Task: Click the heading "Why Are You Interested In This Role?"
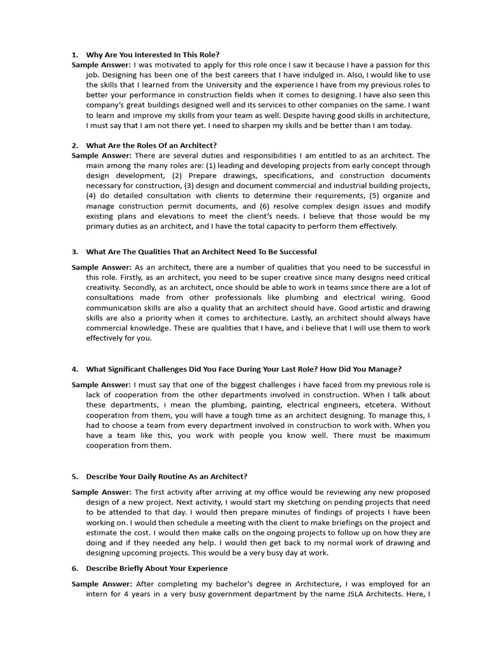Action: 152,55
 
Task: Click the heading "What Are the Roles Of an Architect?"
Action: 151,146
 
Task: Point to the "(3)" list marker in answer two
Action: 190,186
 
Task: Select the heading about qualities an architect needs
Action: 201,252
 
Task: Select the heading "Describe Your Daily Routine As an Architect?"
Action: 166,476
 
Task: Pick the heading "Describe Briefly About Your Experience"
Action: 156,568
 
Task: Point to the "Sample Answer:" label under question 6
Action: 102,584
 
